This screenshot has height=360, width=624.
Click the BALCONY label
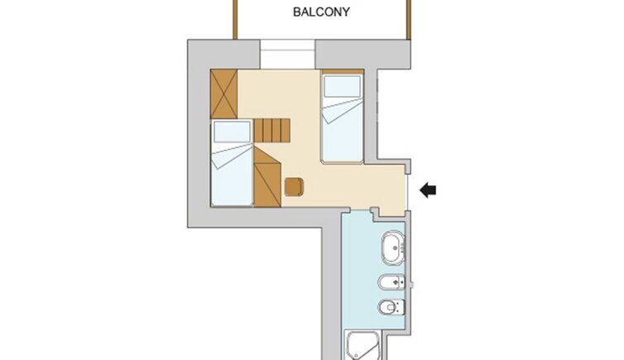tap(321, 12)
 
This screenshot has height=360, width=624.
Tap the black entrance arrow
tap(428, 190)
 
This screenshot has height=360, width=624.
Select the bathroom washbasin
tap(393, 247)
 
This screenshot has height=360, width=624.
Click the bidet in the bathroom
tap(391, 283)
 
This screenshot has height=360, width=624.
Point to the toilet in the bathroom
tap(391, 307)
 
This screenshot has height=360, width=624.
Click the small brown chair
tap(294, 187)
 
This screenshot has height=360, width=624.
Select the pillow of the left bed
tap(232, 132)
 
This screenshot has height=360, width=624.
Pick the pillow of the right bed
tap(343, 86)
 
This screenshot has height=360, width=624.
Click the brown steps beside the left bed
tap(271, 131)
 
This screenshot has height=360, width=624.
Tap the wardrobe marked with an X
tap(223, 94)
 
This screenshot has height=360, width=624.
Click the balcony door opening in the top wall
tap(288, 54)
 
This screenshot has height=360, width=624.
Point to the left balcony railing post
tap(235, 20)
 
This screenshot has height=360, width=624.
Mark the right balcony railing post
tap(408, 20)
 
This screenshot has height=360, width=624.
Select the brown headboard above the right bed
tap(343, 72)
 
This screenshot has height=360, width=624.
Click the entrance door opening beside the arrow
tap(407, 191)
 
